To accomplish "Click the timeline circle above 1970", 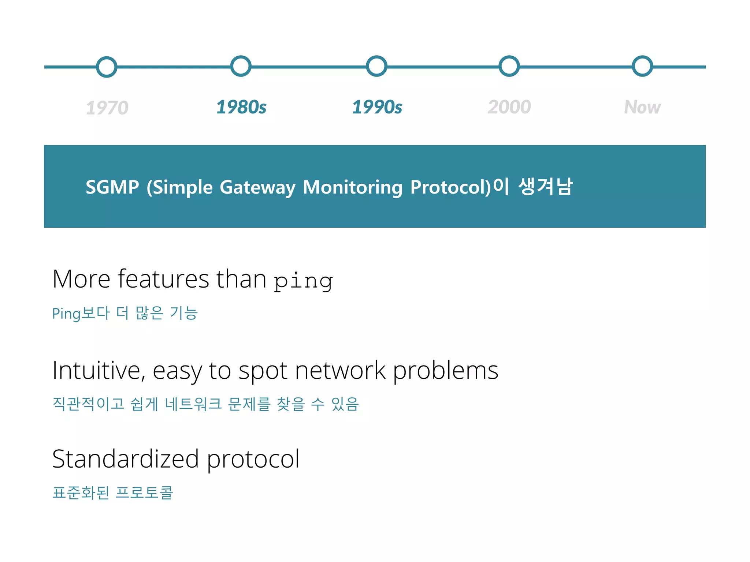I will [x=107, y=67].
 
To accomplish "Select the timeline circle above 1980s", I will [x=241, y=66].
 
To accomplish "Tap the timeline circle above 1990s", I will [x=376, y=66].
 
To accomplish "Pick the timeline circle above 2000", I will [x=509, y=66].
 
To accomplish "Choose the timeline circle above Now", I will [x=642, y=66].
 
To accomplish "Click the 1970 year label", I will [x=107, y=108].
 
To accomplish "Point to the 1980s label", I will [x=241, y=107].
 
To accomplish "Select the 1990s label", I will [x=377, y=107].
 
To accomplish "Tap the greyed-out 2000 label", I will [x=509, y=107].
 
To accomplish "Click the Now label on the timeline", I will [x=642, y=107].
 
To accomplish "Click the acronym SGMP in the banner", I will [x=112, y=187].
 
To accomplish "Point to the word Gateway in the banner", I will [x=257, y=188].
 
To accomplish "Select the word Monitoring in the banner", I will [x=352, y=188].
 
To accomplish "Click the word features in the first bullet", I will [x=163, y=279].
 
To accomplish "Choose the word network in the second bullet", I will [x=340, y=371].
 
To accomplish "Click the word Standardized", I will [x=126, y=459].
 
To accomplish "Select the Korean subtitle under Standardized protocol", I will [x=112, y=492].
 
